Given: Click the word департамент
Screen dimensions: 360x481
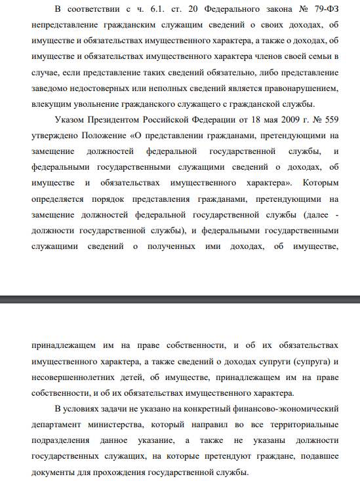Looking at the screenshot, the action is click(x=57, y=425).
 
